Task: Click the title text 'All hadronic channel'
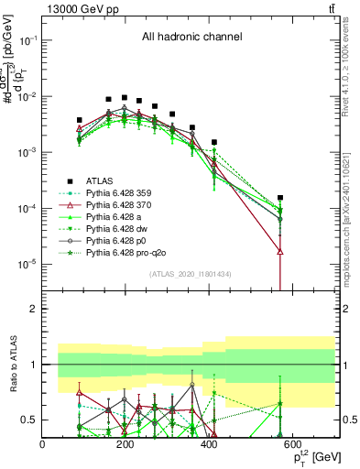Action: coord(191,37)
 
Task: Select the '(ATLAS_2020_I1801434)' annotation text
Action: coord(191,274)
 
